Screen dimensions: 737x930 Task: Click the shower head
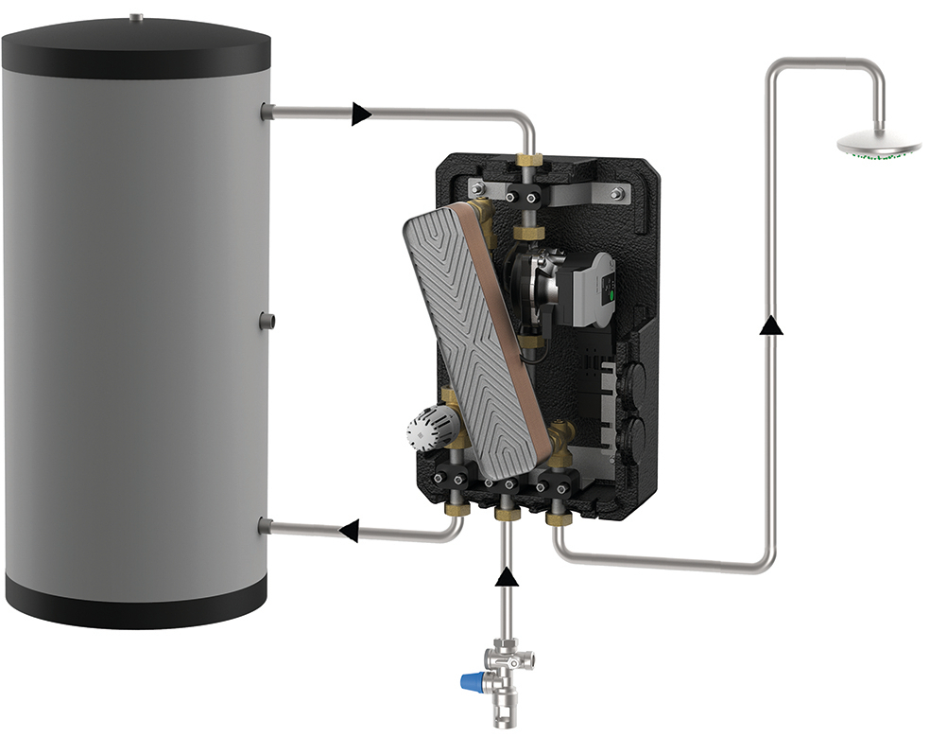[x=878, y=145]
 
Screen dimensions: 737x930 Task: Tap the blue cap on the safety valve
[x=470, y=681]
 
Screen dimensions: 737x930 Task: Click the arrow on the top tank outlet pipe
[x=360, y=114]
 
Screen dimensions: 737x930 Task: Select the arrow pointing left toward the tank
[x=348, y=531]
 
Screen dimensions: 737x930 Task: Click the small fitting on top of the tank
[x=136, y=16]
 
